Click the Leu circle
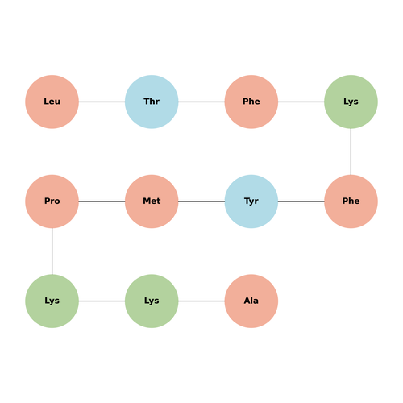pyautogui.click(x=52, y=102)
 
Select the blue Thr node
pyautogui.click(x=152, y=102)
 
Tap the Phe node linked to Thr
pyautogui.click(x=251, y=102)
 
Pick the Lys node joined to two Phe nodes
pyautogui.click(x=351, y=102)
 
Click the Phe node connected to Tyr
pyautogui.click(x=351, y=201)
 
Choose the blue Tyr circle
pyautogui.click(x=251, y=201)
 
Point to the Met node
pyautogui.click(x=152, y=201)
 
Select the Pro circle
pyautogui.click(x=52, y=201)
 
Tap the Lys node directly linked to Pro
pyautogui.click(x=52, y=301)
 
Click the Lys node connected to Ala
pyautogui.click(x=152, y=301)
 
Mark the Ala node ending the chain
pyautogui.click(x=251, y=301)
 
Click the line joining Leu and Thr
pyautogui.click(x=102, y=102)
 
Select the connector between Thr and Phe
pyautogui.click(x=201, y=102)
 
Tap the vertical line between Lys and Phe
pyautogui.click(x=351, y=152)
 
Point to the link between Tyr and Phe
pyautogui.click(x=301, y=201)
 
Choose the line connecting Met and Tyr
pyautogui.click(x=201, y=201)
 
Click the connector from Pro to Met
pyautogui.click(x=102, y=201)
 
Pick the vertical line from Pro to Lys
pyautogui.click(x=52, y=251)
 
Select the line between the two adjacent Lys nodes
pyautogui.click(x=102, y=301)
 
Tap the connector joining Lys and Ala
pyautogui.click(x=201, y=301)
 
